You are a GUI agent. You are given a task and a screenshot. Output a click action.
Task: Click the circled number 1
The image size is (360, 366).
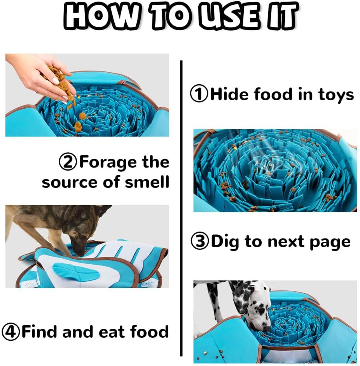point(199,94)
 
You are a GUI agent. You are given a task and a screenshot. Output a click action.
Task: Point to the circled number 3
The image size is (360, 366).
point(200,242)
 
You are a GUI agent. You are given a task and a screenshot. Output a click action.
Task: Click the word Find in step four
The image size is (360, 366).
point(40,332)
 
